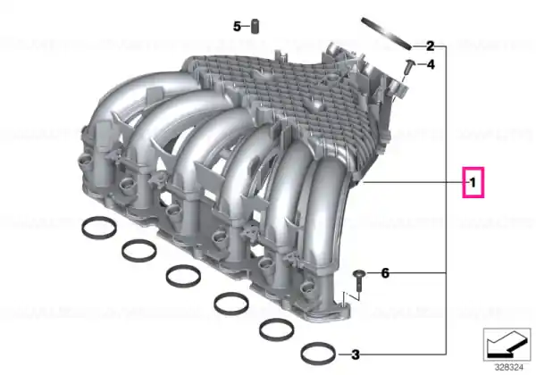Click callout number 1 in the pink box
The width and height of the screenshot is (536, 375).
(473, 183)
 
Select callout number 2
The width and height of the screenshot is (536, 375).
(430, 46)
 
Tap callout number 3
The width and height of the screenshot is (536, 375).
(356, 354)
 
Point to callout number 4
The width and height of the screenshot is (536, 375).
(431, 64)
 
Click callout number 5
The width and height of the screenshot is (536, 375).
(238, 26)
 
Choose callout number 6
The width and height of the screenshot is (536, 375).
(385, 273)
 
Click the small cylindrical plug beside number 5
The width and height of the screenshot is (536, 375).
(255, 27)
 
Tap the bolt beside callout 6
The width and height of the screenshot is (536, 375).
(359, 280)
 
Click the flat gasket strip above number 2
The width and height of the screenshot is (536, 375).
(386, 33)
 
